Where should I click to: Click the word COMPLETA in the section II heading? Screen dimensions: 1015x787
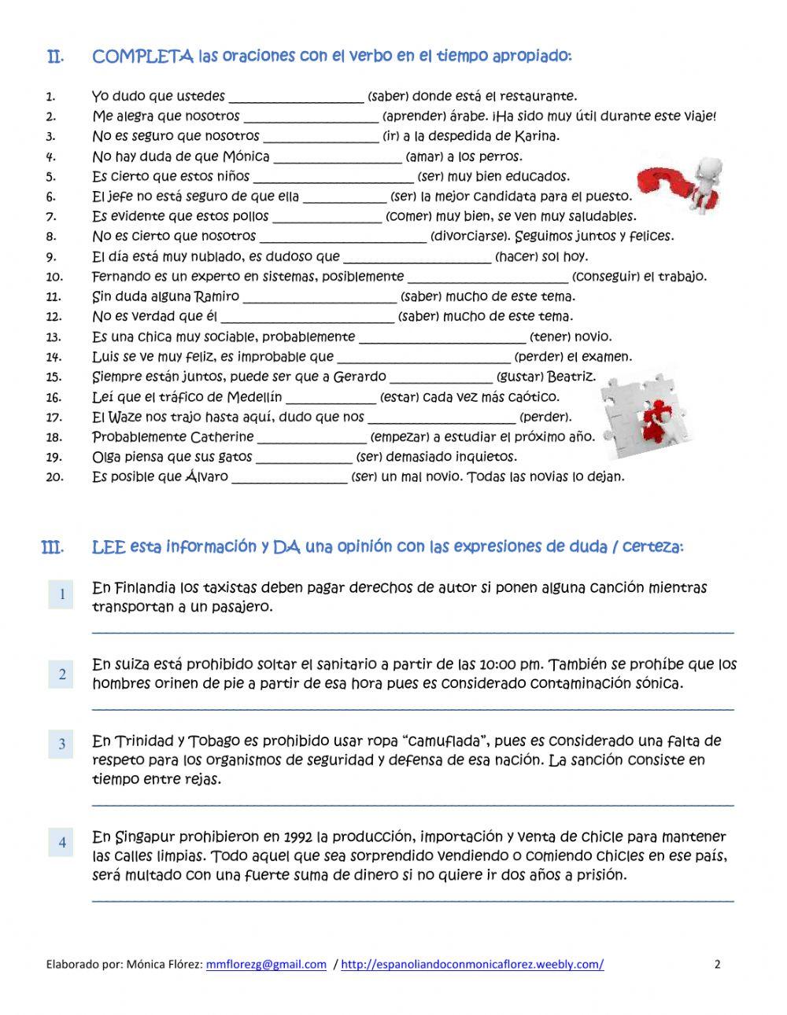[x=142, y=57]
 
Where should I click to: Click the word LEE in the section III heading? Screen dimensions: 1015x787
[x=109, y=546]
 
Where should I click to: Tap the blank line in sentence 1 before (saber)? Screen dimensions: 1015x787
[x=296, y=98]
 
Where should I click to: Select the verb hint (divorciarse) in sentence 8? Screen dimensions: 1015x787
[x=471, y=236]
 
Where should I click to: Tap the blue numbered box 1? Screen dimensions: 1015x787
[x=61, y=594]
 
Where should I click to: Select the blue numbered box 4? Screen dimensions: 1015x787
[x=61, y=843]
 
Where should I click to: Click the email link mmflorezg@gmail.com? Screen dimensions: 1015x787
[x=266, y=965]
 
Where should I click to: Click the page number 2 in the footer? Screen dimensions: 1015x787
[x=717, y=965]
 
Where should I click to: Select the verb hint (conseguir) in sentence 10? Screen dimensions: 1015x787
[x=605, y=277]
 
